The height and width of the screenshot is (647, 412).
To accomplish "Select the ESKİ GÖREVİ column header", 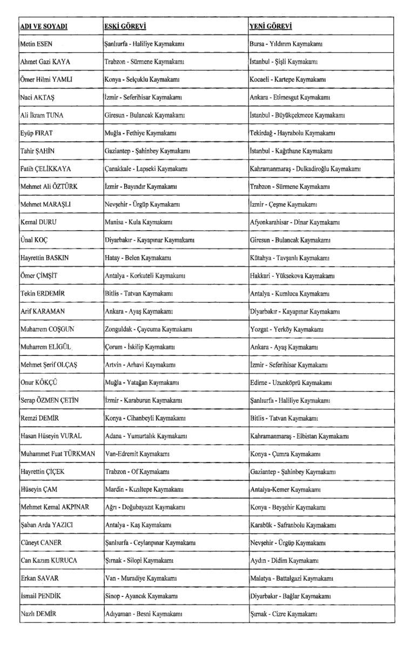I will tap(125, 26).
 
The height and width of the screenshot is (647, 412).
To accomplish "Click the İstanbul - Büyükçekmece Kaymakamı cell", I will tap(304, 115).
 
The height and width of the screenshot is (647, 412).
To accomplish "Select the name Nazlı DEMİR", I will tap(38, 614).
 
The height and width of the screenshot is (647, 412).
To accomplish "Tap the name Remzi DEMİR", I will tap(38, 418).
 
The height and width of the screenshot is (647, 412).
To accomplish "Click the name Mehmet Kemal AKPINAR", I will tap(54, 507).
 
